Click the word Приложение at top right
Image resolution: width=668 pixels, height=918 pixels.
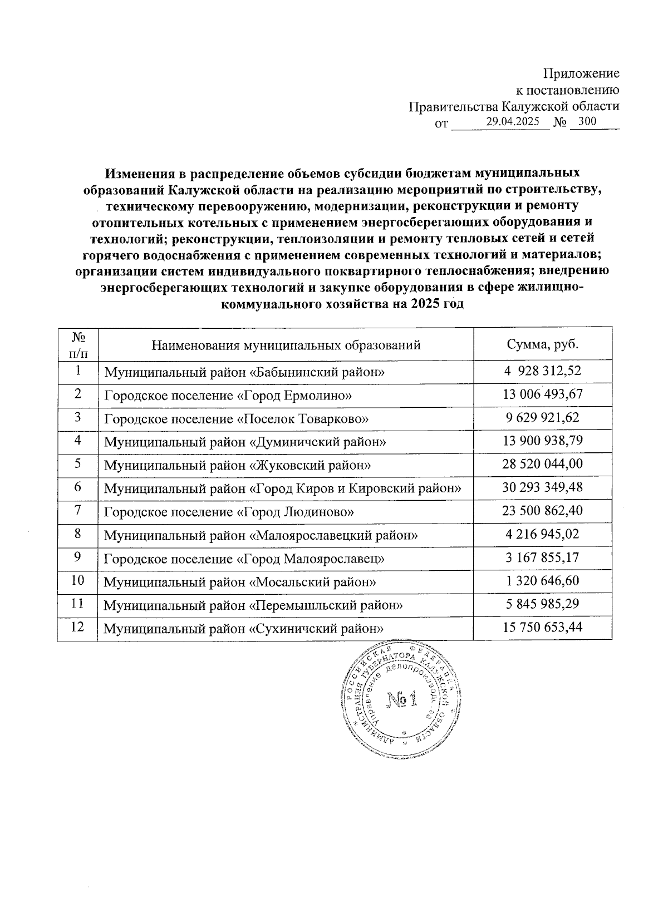(x=581, y=73)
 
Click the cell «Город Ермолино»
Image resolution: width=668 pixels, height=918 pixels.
(x=228, y=396)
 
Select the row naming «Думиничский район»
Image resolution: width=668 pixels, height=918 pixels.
(x=245, y=442)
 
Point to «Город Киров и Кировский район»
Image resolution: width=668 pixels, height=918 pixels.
(x=283, y=488)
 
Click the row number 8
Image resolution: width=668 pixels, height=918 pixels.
(x=77, y=534)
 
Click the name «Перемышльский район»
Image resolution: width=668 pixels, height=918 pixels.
(x=253, y=605)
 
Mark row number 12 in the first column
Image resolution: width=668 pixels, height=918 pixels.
(x=77, y=626)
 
